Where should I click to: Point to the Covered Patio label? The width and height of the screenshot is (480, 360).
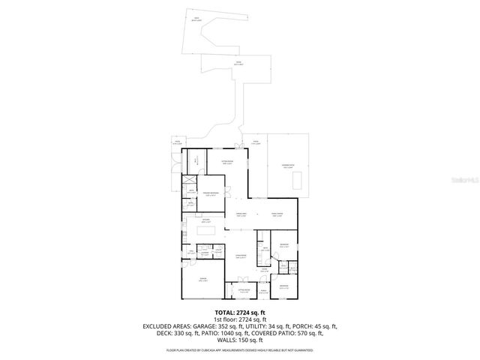[x=288, y=168]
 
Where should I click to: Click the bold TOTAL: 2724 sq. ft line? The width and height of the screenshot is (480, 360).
[x=240, y=311]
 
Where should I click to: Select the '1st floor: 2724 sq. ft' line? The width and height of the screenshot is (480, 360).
[x=240, y=319]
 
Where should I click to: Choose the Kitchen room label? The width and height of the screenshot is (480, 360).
[x=206, y=222]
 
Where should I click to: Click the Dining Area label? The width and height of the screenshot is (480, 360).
[x=242, y=215]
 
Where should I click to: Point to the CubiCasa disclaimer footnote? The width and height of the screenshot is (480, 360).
[x=240, y=349]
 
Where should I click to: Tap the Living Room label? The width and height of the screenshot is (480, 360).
[x=242, y=256]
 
